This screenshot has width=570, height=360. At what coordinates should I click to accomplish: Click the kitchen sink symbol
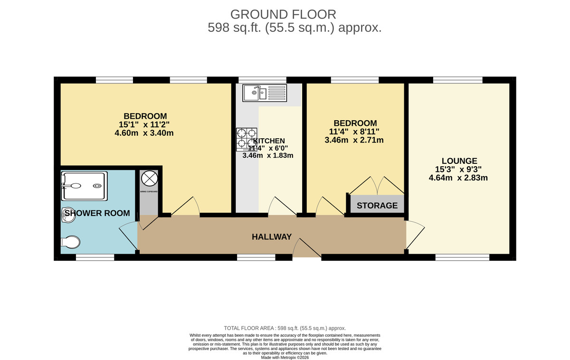point(263,93)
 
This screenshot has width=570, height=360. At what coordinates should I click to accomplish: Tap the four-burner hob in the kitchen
point(247,139)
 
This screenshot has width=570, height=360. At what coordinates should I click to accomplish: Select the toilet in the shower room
point(70,242)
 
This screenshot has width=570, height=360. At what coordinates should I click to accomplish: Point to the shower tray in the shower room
point(83,186)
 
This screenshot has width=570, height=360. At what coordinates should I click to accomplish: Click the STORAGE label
point(377,206)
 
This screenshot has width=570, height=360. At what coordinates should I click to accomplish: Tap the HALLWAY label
point(272,237)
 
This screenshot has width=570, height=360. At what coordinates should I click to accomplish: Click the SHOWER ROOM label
point(97,213)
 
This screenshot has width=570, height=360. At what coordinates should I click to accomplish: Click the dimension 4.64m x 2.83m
point(458,178)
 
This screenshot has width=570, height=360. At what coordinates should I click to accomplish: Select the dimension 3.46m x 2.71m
point(354,140)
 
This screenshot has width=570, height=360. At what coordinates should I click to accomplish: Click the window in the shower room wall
point(95,257)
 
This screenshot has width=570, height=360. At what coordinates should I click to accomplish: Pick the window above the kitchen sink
point(262,80)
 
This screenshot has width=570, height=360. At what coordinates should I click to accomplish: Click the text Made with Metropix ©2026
point(285,358)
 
